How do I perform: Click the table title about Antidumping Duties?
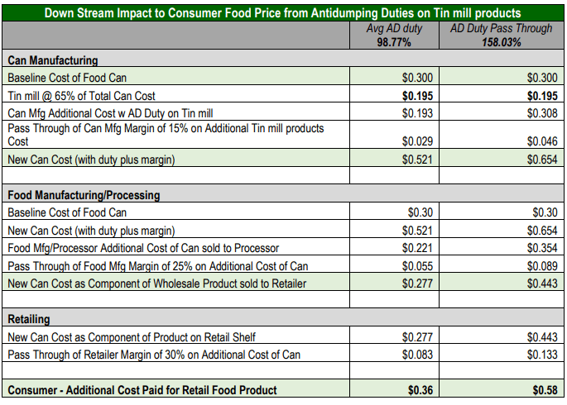[282, 13]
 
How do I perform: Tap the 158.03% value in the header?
[502, 43]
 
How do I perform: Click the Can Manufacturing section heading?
[53, 61]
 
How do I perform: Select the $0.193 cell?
[417, 113]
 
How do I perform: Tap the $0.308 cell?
[542, 113]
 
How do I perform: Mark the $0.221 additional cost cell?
[417, 248]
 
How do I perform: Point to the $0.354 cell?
[542, 248]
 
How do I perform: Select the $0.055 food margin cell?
[417, 266]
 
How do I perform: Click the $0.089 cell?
[542, 266]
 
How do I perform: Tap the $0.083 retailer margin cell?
[417, 355]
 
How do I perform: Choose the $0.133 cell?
[542, 355]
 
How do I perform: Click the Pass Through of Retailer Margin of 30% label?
[153, 355]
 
